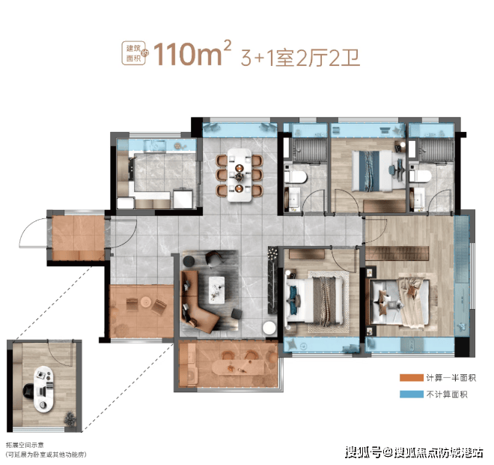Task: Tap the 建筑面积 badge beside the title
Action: tap(134, 53)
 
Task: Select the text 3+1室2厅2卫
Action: tap(300, 58)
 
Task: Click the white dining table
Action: tap(240, 175)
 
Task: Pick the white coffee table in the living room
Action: tap(217, 290)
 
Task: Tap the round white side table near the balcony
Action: tap(269, 328)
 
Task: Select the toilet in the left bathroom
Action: tap(295, 177)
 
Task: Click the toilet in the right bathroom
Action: tap(420, 176)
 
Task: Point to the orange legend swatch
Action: tap(411, 378)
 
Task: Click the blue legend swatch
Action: tap(411, 394)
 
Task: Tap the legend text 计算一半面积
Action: tap(451, 378)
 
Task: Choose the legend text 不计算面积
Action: tap(447, 394)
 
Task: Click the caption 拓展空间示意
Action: tap(25, 445)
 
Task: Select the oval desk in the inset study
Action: tap(43, 389)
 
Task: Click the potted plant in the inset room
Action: tap(70, 418)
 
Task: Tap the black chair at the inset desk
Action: tap(28, 391)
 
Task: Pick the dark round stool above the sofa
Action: tap(189, 261)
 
